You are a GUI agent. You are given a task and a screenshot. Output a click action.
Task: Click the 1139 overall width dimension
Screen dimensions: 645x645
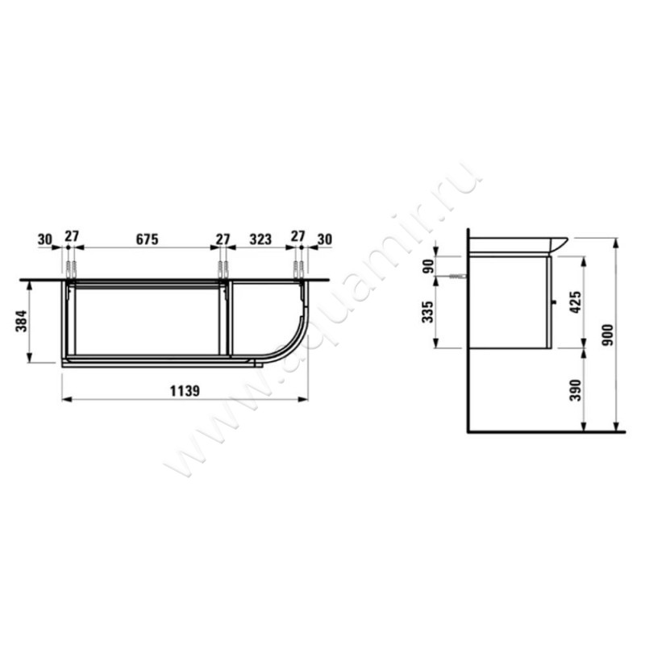185,391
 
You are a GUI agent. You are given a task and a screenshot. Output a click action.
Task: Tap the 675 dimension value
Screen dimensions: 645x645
147,239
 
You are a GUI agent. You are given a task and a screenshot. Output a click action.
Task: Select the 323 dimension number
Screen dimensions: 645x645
260,239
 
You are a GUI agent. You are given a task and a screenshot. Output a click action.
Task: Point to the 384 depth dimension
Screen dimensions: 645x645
22,321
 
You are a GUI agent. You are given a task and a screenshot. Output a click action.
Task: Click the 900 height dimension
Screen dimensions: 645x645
608,335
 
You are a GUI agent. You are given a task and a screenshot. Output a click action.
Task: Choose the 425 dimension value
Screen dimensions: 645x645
576,302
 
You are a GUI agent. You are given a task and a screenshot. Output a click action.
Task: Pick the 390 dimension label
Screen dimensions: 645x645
576,390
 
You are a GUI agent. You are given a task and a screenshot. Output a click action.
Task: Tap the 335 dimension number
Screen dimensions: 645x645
428,312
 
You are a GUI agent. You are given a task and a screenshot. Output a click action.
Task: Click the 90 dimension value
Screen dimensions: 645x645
428,267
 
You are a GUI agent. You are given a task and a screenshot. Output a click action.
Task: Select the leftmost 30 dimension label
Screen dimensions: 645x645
45,239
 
